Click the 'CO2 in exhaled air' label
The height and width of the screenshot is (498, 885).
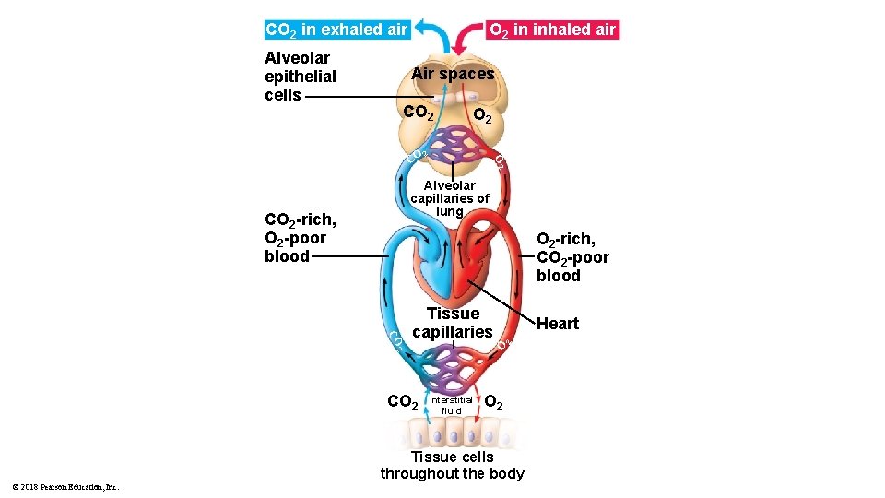pos(336,30)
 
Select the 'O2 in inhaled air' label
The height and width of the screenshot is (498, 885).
pos(551,30)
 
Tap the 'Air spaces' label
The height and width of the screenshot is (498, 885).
pos(453,74)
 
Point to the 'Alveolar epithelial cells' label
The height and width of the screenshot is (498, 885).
pos(300,77)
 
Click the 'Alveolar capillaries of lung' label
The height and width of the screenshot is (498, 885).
pos(450,198)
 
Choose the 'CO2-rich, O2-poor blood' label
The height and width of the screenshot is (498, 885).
pos(300,238)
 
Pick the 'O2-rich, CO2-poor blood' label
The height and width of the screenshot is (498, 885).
pos(572,257)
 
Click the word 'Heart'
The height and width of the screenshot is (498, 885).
pos(558,324)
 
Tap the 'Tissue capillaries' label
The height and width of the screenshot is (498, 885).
pos(453,323)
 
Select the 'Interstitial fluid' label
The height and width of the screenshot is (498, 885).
pos(451,405)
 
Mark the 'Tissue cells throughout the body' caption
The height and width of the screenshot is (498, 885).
pos(452,466)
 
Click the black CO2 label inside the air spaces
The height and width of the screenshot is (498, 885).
pos(419,113)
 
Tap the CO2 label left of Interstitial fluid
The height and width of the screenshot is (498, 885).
pos(403,402)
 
